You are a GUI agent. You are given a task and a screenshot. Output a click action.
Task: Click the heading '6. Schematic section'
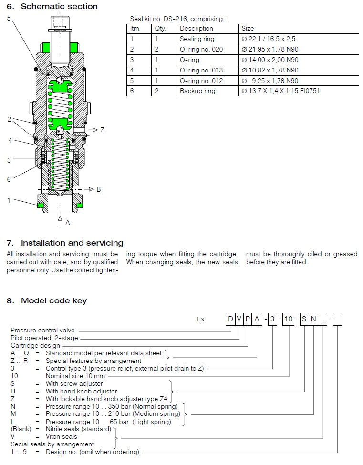click(52, 7)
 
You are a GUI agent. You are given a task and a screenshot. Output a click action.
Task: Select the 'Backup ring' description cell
click(197, 91)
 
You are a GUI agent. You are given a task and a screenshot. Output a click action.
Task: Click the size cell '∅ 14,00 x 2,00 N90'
click(270, 60)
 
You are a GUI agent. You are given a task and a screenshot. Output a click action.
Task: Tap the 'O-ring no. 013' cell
click(201, 70)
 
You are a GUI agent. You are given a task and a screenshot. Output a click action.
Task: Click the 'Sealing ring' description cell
click(197, 39)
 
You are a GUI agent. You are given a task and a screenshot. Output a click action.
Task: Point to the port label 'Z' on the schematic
click(102, 130)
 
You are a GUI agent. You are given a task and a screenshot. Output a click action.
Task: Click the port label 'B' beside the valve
click(99, 189)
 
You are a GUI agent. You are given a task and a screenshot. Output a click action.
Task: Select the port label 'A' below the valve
click(67, 222)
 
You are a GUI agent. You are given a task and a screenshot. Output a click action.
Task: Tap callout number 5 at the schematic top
click(9, 18)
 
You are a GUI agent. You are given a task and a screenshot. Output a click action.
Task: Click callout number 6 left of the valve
click(9, 179)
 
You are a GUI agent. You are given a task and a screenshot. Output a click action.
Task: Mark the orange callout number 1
click(9, 200)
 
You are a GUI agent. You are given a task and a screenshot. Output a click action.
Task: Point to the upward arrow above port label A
click(60, 219)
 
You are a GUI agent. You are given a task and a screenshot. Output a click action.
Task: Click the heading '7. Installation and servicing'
click(65, 243)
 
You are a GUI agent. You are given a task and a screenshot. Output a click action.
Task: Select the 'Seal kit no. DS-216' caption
click(178, 19)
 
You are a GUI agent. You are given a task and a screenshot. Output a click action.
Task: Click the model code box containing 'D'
click(230, 320)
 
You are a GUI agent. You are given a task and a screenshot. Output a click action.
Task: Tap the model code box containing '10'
click(288, 320)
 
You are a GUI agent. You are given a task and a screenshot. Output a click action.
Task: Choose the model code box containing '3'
click(271, 320)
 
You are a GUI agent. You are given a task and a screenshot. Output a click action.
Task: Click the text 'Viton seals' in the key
click(61, 436)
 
